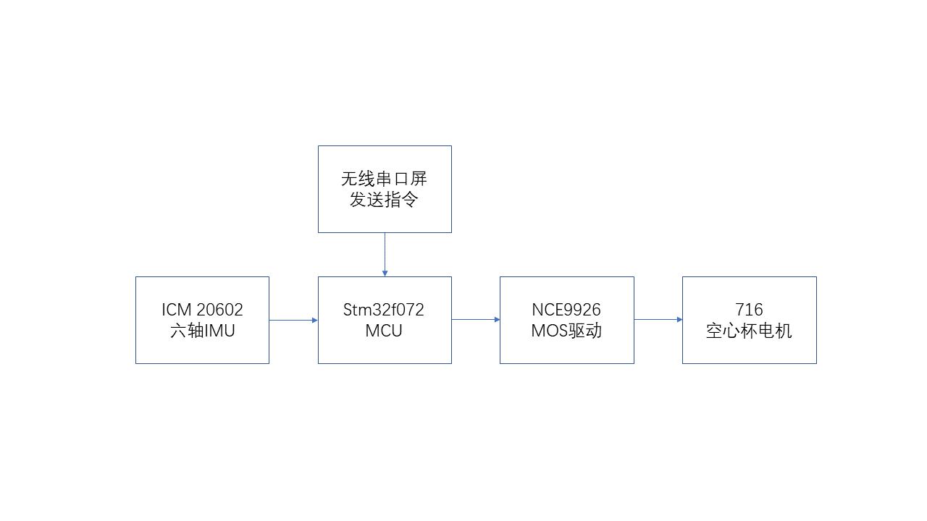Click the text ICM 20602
click(202, 310)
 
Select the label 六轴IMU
click(202, 331)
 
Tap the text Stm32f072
click(384, 310)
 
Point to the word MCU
click(384, 331)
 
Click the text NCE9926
click(566, 310)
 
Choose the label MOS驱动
click(566, 331)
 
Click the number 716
click(749, 310)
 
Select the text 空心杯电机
click(749, 331)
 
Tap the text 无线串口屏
click(385, 179)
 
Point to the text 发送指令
click(385, 200)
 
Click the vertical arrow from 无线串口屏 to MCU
click(385, 253)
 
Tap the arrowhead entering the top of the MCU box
click(385, 274)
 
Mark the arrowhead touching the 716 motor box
click(679, 320)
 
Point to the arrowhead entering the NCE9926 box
click(497, 320)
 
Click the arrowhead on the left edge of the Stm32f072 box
click(315, 320)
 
